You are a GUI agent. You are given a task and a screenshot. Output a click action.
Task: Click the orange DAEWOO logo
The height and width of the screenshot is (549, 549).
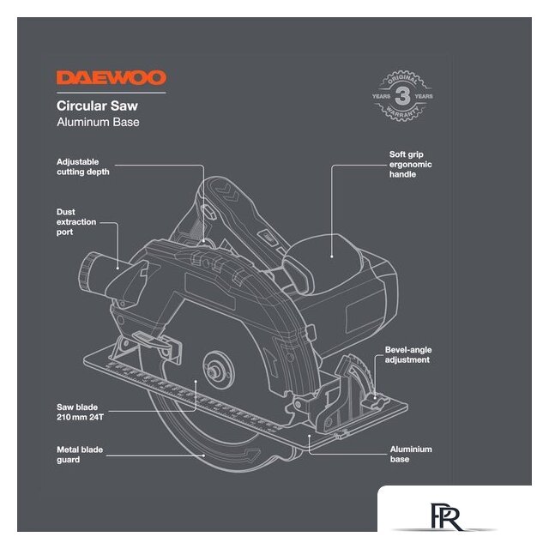click(111, 78)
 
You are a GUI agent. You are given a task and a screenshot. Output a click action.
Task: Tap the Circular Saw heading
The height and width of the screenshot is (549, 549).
click(97, 106)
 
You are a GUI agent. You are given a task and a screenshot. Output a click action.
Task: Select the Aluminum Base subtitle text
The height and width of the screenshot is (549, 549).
click(98, 123)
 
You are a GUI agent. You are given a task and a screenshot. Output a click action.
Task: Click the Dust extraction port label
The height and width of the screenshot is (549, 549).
click(75, 222)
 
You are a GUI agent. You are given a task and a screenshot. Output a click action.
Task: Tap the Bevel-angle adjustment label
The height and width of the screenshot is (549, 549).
click(407, 355)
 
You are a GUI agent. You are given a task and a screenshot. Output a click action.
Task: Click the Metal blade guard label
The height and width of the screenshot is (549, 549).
click(81, 455)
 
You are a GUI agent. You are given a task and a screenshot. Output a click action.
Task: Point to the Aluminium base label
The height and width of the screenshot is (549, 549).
click(411, 455)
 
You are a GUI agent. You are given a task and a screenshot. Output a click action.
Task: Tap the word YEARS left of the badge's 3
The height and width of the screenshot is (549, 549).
click(382, 97)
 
